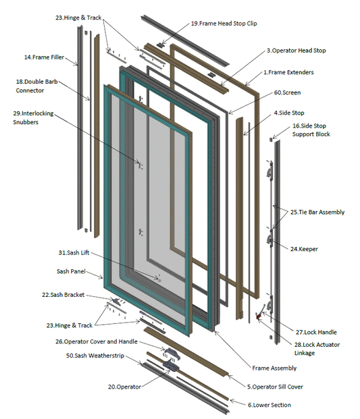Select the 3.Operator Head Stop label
click(297, 50)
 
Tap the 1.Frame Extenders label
click(288, 72)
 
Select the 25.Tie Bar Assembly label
click(317, 212)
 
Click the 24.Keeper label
click(304, 249)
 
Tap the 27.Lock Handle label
click(316, 332)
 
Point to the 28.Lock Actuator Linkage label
click(322, 349)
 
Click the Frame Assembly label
click(274, 368)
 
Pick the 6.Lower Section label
click(270, 405)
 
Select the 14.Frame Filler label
click(44, 57)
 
